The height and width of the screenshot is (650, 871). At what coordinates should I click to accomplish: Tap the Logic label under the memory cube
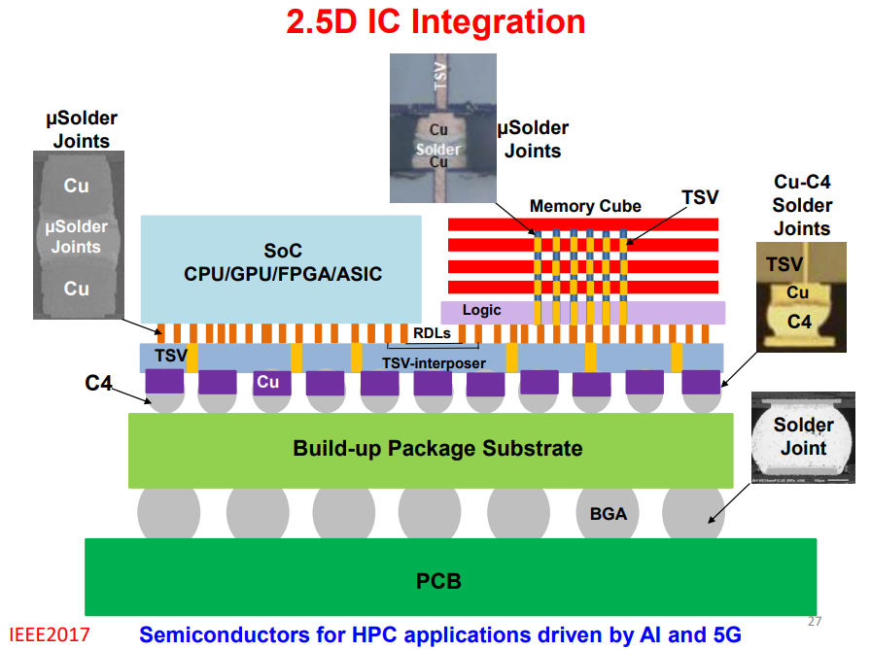(x=482, y=310)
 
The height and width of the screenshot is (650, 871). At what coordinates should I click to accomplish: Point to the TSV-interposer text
(x=433, y=362)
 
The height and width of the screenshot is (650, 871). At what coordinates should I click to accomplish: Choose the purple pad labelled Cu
(x=268, y=382)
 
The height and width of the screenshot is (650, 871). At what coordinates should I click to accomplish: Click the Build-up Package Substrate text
(x=437, y=448)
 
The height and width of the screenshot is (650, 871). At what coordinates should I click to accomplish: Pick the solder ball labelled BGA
(x=610, y=513)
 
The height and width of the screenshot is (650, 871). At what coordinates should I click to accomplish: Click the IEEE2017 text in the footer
(x=51, y=634)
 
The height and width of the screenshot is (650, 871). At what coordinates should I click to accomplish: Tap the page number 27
(x=815, y=621)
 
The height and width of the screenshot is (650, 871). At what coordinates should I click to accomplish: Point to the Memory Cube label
(x=585, y=206)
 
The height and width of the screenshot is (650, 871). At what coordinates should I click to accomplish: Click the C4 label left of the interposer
(x=99, y=384)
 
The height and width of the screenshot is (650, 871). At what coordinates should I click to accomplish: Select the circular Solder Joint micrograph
(x=803, y=437)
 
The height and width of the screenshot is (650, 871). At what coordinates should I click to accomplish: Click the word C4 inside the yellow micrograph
(x=799, y=321)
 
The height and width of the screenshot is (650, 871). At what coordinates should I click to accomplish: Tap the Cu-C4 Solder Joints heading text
(x=802, y=205)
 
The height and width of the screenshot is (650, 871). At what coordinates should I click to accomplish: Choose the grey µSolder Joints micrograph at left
(x=77, y=236)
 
